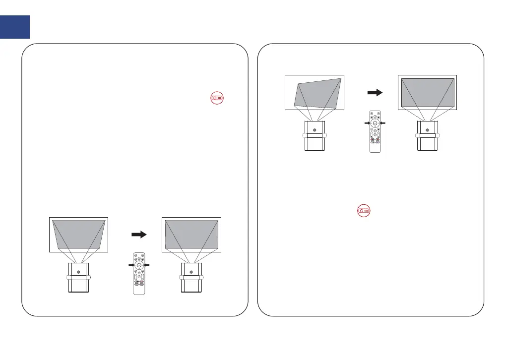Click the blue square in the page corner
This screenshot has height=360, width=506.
[x=15, y=26]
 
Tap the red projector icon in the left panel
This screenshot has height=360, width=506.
[x=217, y=98]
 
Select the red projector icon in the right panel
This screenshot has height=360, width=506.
[x=363, y=210]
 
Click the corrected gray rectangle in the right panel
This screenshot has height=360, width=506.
[x=428, y=92]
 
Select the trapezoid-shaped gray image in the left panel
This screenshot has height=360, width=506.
[x=78, y=235]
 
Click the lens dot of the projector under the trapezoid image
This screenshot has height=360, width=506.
[x=78, y=272]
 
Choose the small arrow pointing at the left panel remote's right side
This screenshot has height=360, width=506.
[x=148, y=266]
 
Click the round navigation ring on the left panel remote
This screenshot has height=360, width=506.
[x=139, y=266]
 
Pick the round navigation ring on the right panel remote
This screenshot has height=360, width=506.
[x=376, y=122]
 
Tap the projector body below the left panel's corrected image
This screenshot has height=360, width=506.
[x=191, y=279]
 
